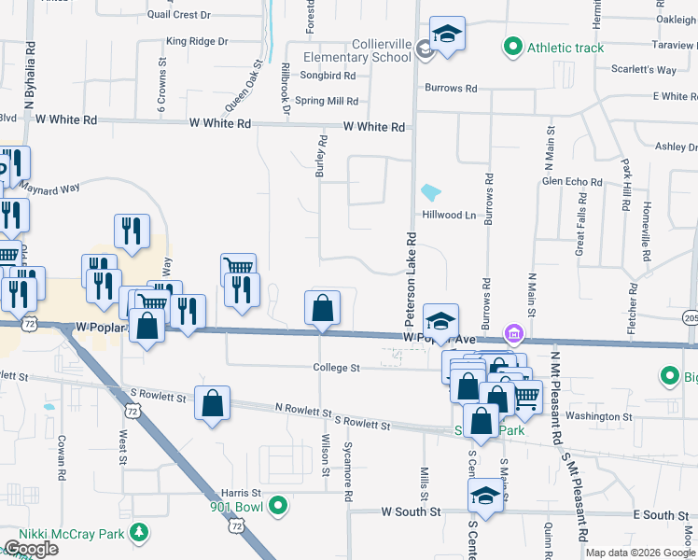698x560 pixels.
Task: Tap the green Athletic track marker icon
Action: click(512, 47)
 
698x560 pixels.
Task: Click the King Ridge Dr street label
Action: click(197, 41)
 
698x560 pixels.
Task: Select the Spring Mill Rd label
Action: click(327, 101)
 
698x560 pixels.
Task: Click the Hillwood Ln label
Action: click(450, 215)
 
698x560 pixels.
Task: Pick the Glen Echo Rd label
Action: click(572, 182)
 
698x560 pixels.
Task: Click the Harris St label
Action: click(241, 492)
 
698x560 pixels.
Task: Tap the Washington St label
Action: click(599, 416)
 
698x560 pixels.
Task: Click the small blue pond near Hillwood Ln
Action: click(430, 193)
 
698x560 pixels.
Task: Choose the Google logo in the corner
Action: click(30, 549)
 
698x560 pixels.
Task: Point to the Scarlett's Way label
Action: click(644, 70)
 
